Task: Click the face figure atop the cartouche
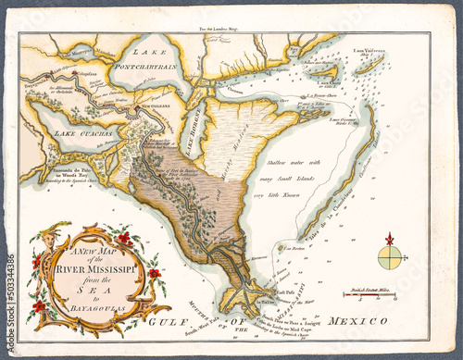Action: [39, 242]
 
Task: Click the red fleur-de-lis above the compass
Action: [390, 239]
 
